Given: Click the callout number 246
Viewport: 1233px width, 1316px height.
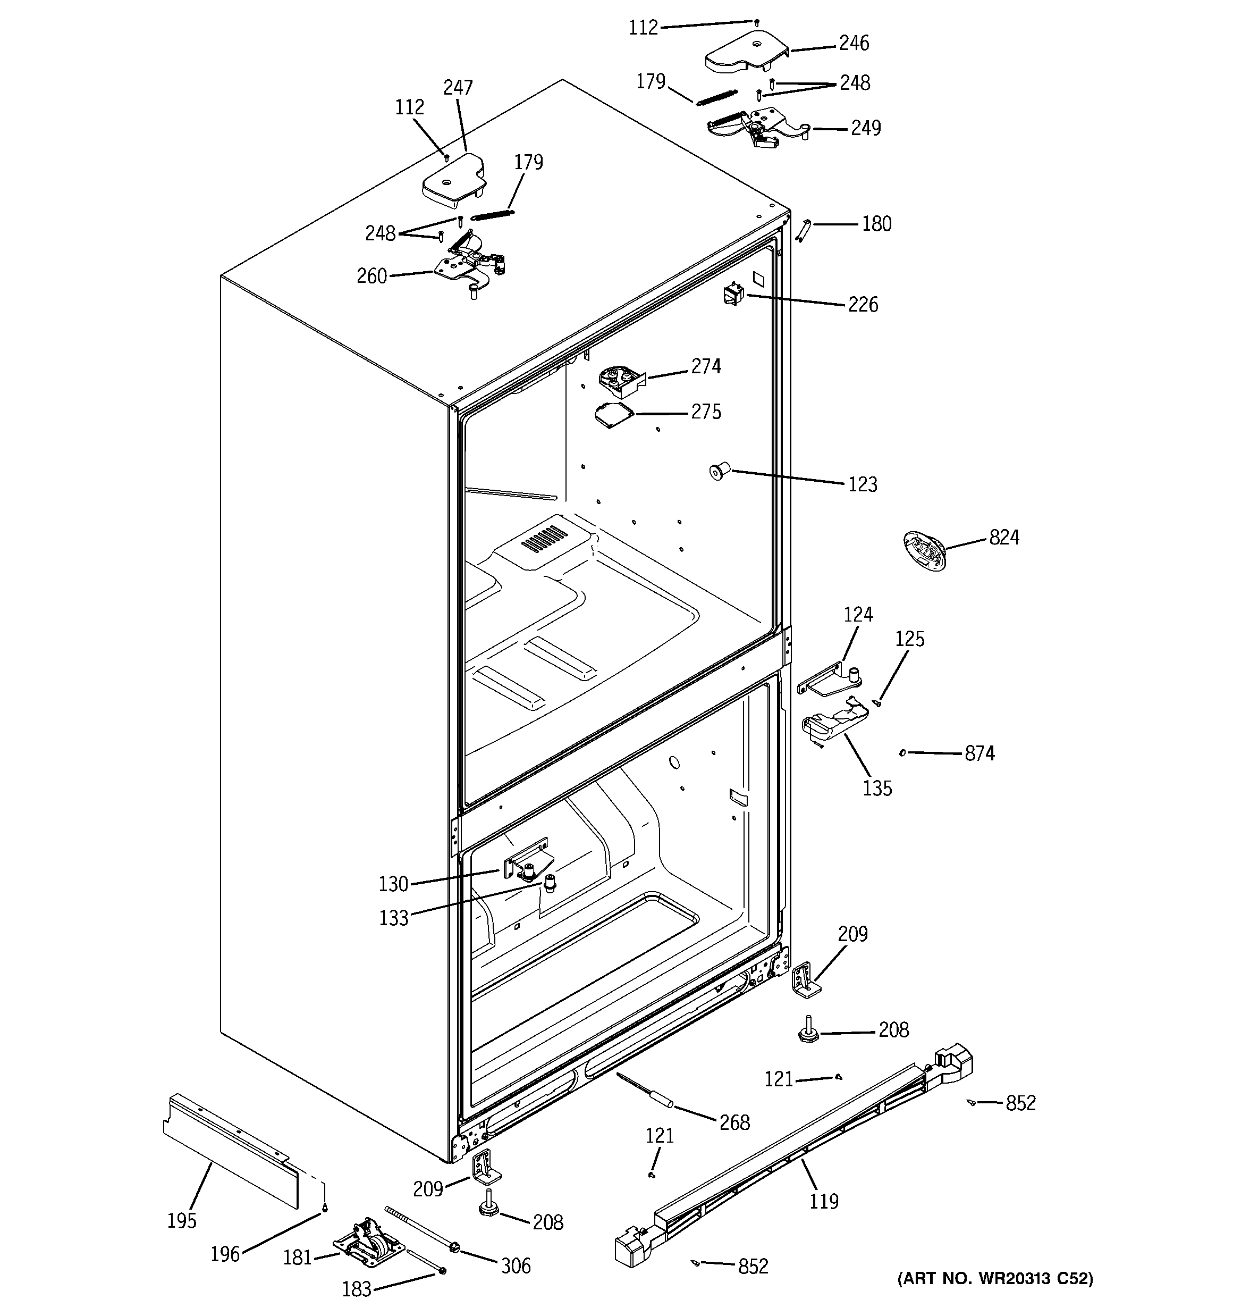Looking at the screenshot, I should (x=854, y=44).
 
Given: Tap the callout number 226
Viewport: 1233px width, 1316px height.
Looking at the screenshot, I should (x=863, y=305).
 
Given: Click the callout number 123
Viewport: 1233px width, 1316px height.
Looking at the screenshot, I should (x=863, y=484).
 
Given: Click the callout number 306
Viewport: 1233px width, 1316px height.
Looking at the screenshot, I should (x=516, y=1265).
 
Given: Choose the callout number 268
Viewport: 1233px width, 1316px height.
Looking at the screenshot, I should (x=734, y=1122).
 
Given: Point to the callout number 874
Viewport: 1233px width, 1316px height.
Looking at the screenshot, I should (x=979, y=753).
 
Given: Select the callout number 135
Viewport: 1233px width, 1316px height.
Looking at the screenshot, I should (x=877, y=789).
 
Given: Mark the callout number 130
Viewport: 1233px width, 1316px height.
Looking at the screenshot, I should (x=393, y=884).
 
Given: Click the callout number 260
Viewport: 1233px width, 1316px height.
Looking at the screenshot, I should (x=371, y=276).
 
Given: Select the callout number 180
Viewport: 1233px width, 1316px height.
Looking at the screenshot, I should (x=876, y=224).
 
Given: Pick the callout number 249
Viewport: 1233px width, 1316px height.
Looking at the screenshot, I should (x=866, y=128).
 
